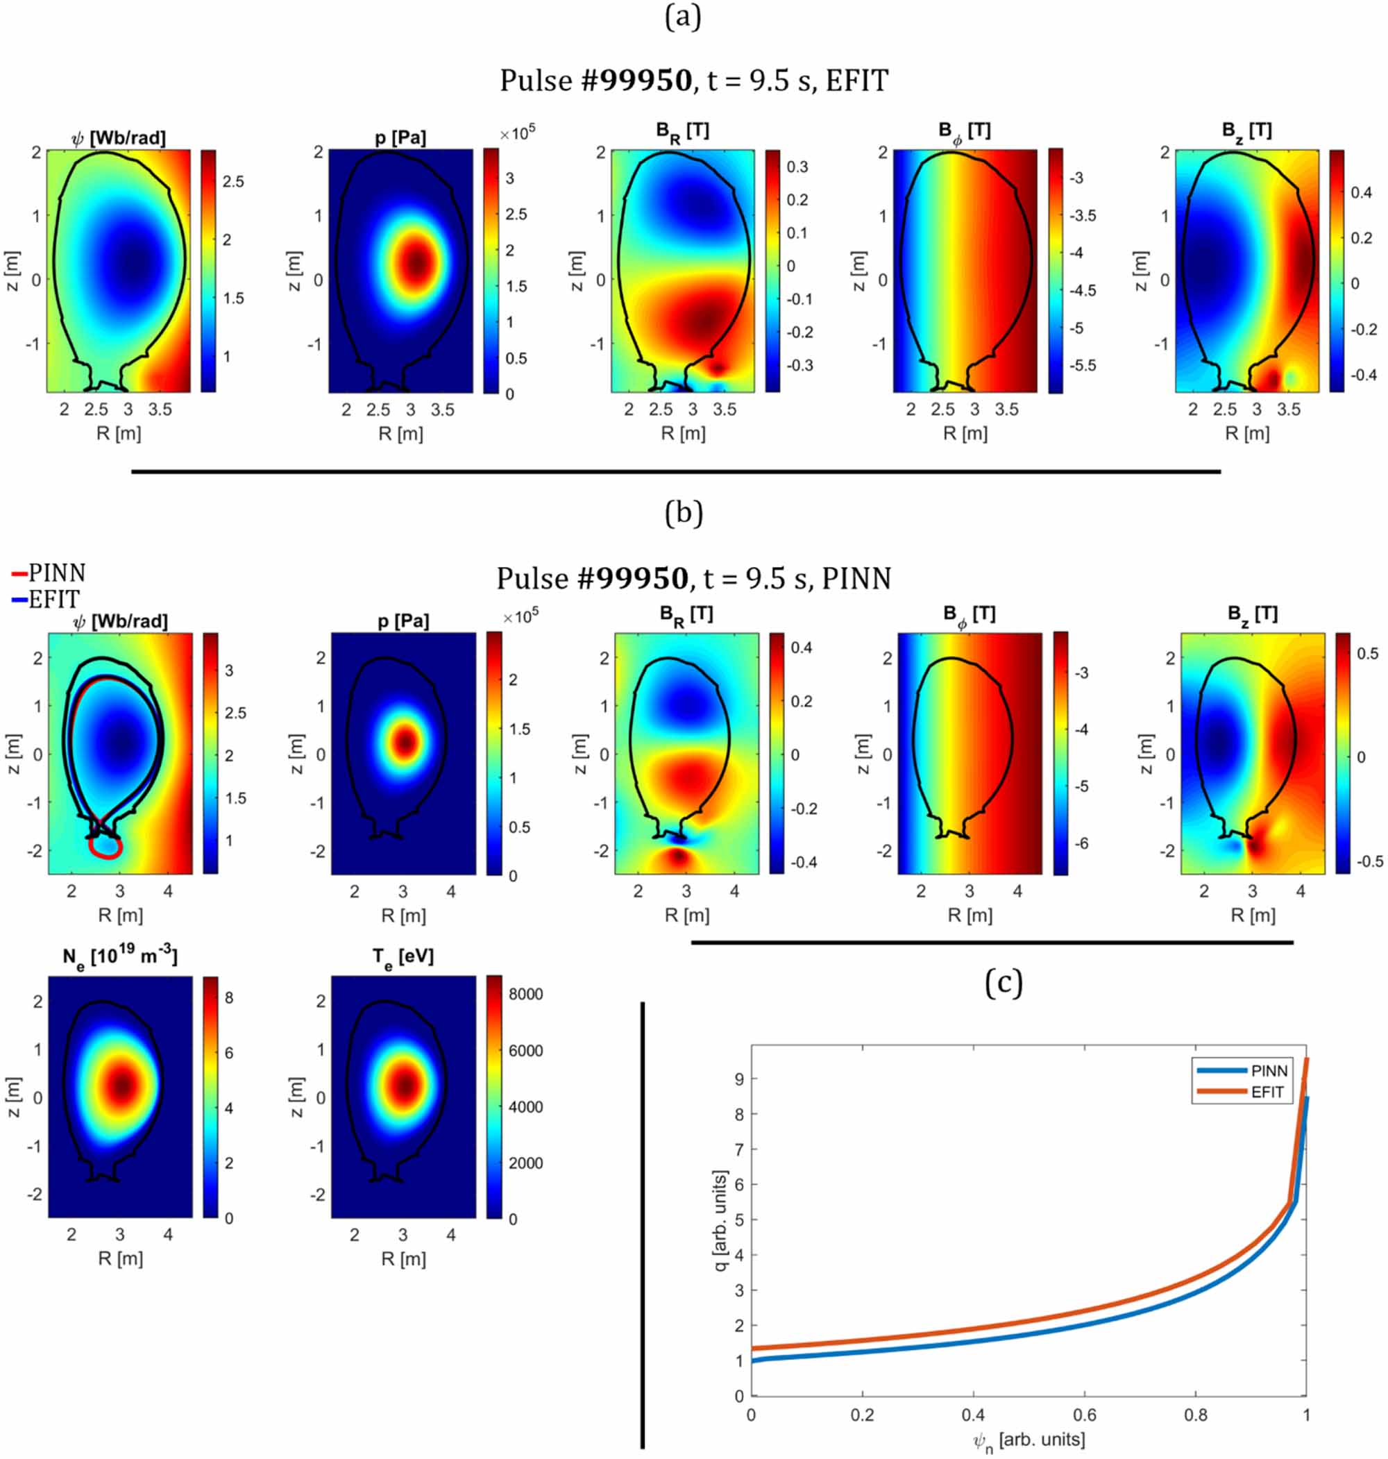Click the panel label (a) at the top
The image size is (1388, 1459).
tap(682, 16)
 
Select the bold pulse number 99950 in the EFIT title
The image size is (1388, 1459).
tap(645, 80)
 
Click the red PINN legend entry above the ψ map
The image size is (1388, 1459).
tap(49, 573)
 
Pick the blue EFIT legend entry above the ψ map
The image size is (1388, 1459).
tap(46, 599)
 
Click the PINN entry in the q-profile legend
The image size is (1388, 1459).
tap(1242, 1070)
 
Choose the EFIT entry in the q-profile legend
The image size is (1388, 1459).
tap(1241, 1091)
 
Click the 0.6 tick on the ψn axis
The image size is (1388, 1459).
tap(1084, 1415)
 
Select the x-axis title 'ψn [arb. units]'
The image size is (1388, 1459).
tap(1029, 1440)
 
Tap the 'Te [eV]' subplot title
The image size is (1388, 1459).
tap(403, 957)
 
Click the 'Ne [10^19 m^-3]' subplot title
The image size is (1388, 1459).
tap(120, 956)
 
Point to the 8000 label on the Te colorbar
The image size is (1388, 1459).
tap(525, 994)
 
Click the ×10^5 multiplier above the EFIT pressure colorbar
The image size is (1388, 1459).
tap(517, 133)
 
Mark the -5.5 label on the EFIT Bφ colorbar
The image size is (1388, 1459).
tap(1083, 366)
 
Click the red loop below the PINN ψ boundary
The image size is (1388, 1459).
tap(105, 845)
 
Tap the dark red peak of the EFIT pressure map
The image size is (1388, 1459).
tap(416, 261)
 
